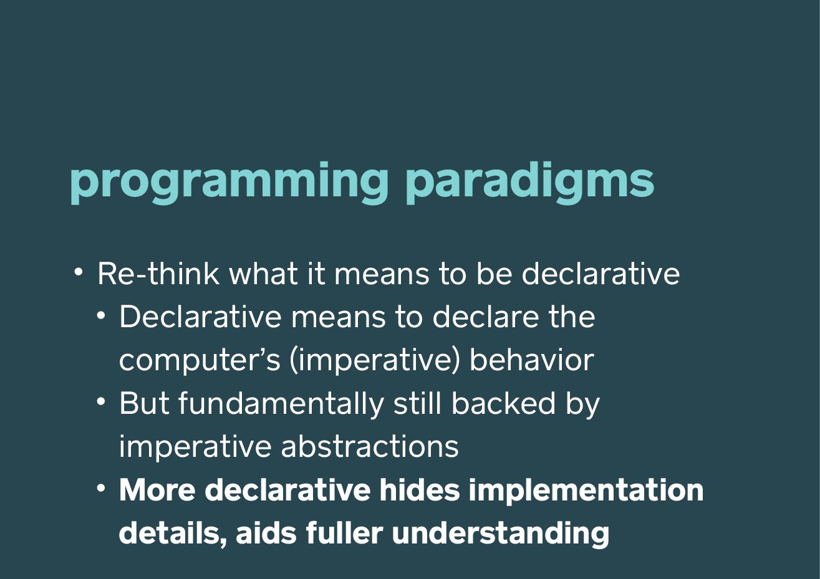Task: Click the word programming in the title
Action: (x=229, y=183)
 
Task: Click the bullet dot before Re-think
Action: (x=79, y=272)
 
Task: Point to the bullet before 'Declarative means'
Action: (x=102, y=315)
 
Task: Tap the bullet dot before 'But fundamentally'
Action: (x=102, y=402)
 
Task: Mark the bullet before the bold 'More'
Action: (x=102, y=489)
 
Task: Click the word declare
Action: (x=486, y=317)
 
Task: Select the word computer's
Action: (x=200, y=361)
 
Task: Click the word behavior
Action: (x=531, y=360)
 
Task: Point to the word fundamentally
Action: (x=281, y=404)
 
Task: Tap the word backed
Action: (x=504, y=403)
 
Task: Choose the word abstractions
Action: (x=370, y=446)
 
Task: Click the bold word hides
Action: (x=419, y=490)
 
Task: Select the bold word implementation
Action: (x=586, y=490)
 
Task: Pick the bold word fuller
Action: (x=344, y=532)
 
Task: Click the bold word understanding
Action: (x=501, y=534)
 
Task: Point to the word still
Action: (x=418, y=403)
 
